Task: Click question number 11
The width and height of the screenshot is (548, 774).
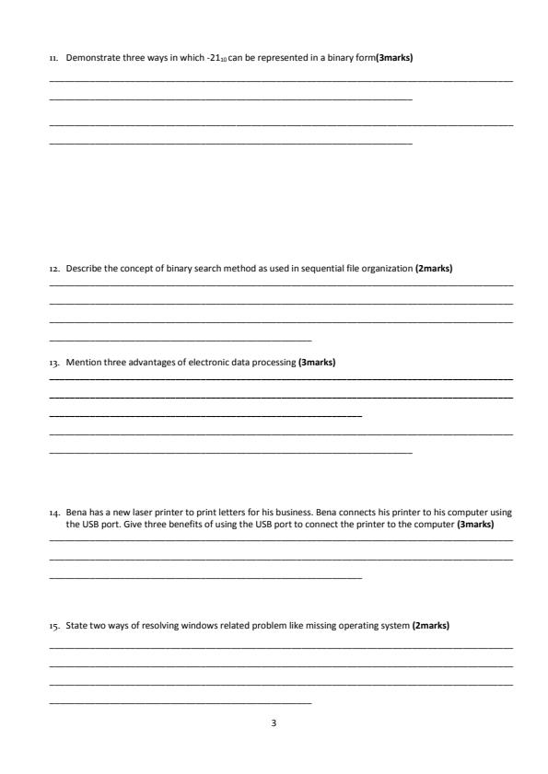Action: click(x=53, y=58)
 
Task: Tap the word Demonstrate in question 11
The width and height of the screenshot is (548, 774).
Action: click(x=89, y=58)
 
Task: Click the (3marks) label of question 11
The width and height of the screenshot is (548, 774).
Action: click(x=394, y=58)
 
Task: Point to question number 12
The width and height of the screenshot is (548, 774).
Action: click(x=53, y=269)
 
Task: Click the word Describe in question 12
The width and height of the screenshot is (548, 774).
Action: click(x=83, y=269)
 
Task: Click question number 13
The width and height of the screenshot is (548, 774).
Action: click(x=53, y=362)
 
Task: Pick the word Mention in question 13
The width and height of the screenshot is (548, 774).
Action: click(x=83, y=362)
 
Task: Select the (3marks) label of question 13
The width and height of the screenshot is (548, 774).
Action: click(x=317, y=362)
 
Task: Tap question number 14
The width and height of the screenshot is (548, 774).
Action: click(x=53, y=510)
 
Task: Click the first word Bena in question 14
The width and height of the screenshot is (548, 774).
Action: click(x=76, y=510)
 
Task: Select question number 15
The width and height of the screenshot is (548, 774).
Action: click(x=53, y=625)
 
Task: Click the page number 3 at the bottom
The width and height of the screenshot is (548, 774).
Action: click(x=274, y=722)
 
